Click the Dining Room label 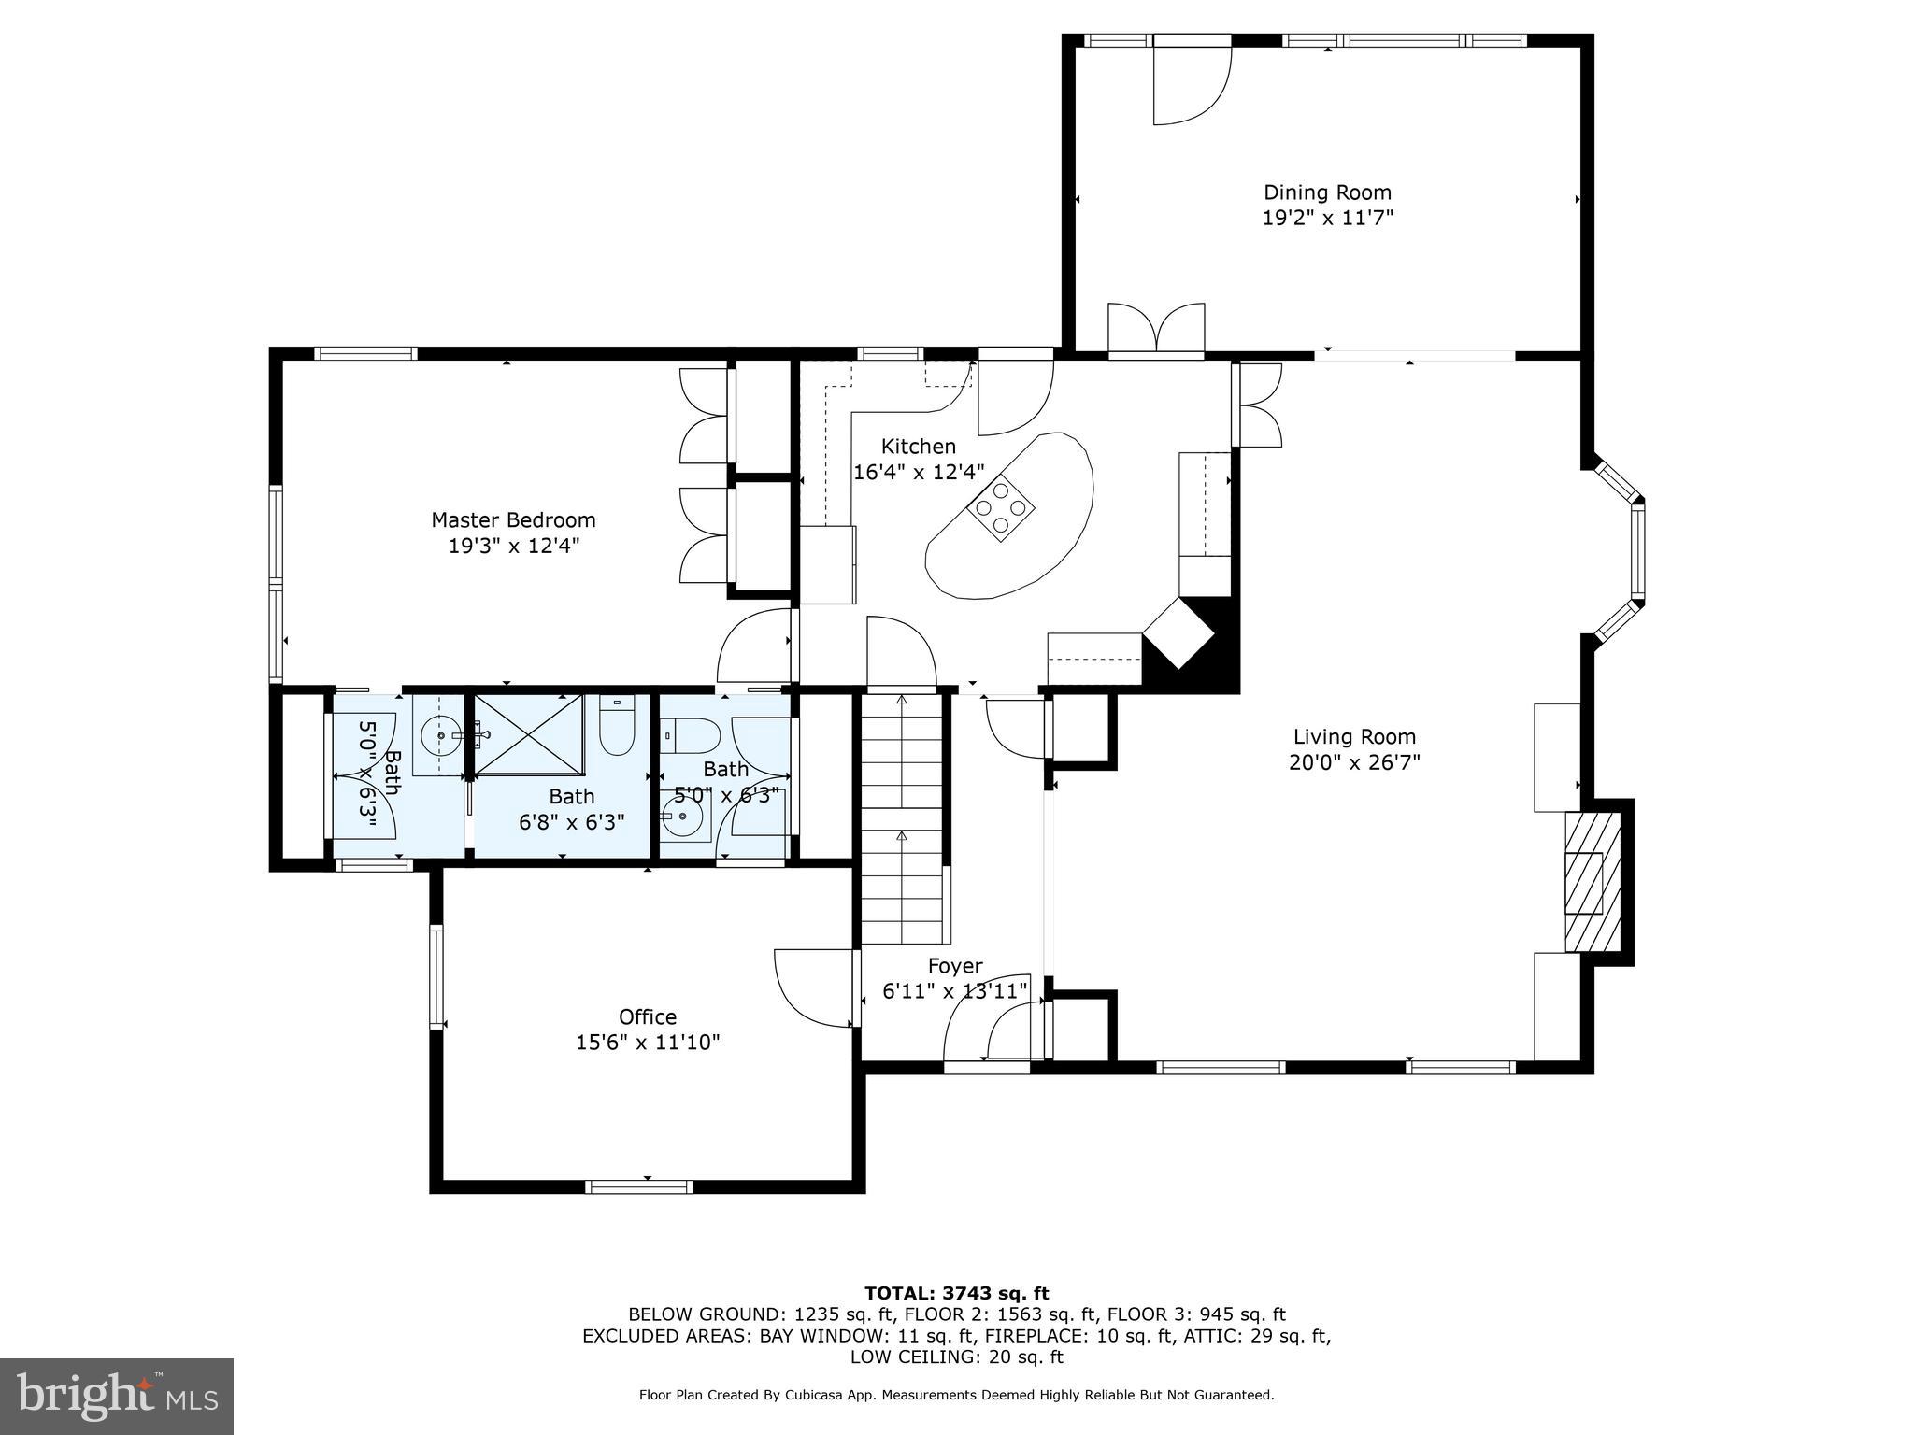coord(1327,192)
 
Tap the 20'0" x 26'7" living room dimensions coord(1354,762)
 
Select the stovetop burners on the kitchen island coord(1000,507)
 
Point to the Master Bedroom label coord(513,520)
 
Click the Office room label coord(647,1016)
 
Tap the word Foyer coord(954,966)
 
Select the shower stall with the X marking coord(528,734)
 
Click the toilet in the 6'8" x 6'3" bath coord(617,728)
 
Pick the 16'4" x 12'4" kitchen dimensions coord(919,473)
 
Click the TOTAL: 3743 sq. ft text coord(956,1293)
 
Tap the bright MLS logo coord(117,1396)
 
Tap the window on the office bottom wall coord(638,1186)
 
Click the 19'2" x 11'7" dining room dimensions coord(1327,219)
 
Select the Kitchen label coord(919,447)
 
